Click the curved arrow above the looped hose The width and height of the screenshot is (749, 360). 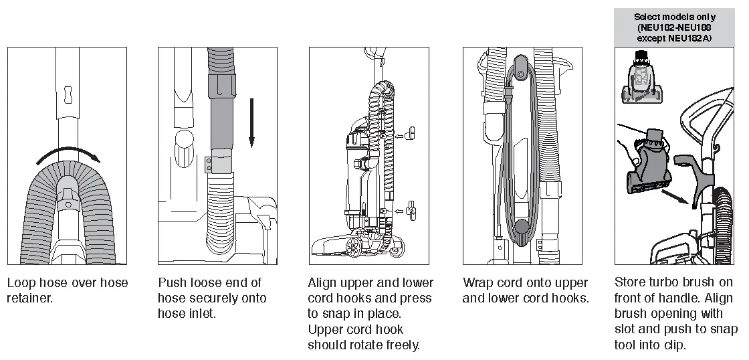pyautogui.click(x=67, y=153)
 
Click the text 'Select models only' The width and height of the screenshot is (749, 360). pyautogui.click(x=675, y=17)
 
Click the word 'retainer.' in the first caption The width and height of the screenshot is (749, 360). pyautogui.click(x=29, y=298)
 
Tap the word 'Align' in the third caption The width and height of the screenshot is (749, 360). pyautogui.click(x=324, y=283)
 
